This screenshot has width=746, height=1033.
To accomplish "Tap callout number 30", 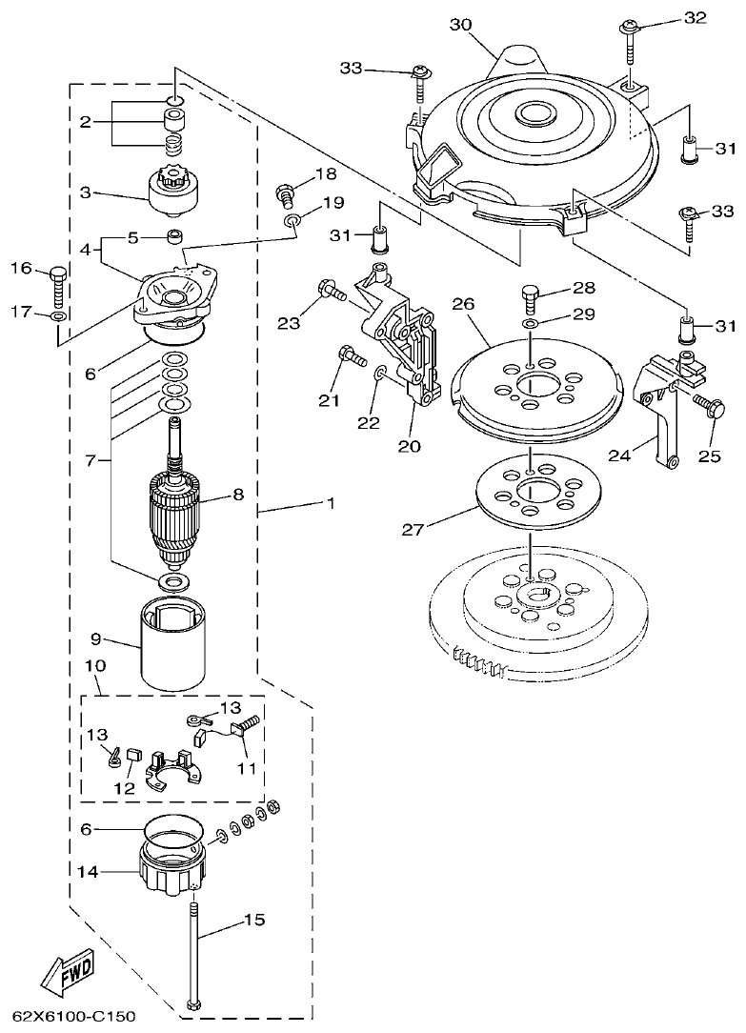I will pyautogui.click(x=461, y=25).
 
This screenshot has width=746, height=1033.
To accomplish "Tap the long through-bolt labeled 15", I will pyautogui.click(x=194, y=953).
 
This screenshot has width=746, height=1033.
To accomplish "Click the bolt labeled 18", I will pyautogui.click(x=283, y=195).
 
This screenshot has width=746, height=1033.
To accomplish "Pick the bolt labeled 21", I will pyautogui.click(x=352, y=360).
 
